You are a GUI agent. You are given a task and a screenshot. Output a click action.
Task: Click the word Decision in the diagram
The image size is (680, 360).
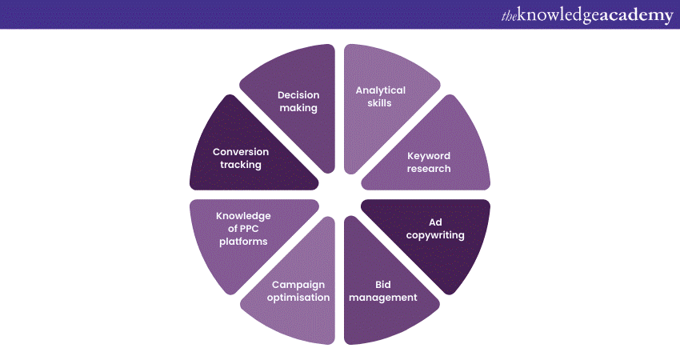298,95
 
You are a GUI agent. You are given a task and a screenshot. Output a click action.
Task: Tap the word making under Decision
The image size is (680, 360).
298,108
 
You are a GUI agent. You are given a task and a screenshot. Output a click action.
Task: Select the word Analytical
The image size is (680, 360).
381,90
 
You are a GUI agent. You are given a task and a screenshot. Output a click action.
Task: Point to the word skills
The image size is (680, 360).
381,103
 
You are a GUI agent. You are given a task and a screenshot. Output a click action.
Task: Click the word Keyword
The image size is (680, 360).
429,156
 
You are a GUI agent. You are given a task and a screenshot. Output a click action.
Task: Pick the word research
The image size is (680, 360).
429,169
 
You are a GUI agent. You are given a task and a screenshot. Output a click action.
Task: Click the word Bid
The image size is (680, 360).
385,284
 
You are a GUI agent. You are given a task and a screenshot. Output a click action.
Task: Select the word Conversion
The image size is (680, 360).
241,152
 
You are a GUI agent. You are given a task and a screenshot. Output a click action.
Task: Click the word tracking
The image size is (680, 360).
241,165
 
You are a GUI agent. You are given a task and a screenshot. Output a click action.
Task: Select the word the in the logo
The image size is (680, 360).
510,15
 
